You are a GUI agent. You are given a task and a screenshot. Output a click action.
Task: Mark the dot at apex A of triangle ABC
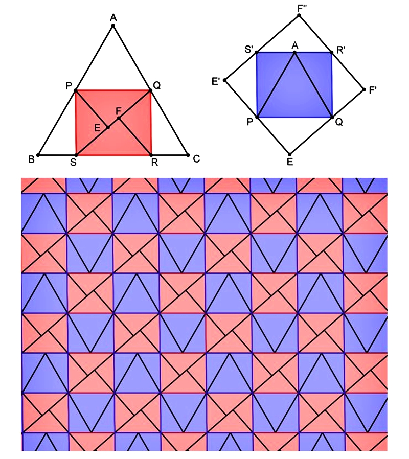coord(113,26)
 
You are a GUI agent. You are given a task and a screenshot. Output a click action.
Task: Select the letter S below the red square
coord(75,163)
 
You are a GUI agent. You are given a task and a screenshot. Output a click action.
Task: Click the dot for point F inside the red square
coord(118,119)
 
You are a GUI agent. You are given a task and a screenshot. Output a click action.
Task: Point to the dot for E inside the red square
coord(108,127)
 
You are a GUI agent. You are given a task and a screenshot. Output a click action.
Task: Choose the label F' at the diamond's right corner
coord(375,90)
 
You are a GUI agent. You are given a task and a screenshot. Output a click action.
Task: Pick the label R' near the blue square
coord(340,50)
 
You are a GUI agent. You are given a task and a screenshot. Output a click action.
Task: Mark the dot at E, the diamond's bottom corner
coord(289,154)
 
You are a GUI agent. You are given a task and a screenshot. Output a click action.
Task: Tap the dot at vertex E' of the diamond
coord(225,80)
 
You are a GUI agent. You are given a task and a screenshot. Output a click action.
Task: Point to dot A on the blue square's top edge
coord(294,52)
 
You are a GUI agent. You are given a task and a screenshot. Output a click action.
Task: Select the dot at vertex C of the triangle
coord(188,154)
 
